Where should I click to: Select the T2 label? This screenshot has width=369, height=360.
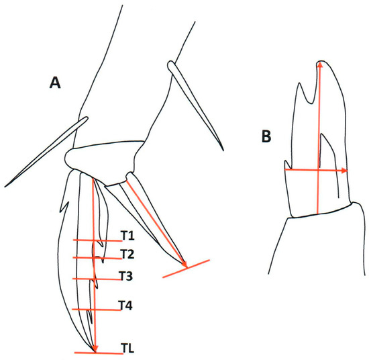(128, 253)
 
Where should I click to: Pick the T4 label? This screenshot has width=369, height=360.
(125, 306)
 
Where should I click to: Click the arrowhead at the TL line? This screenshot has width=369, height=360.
(95, 348)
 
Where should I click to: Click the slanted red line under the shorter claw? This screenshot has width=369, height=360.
(186, 267)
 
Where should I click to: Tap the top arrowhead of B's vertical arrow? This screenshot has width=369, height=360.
(320, 65)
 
